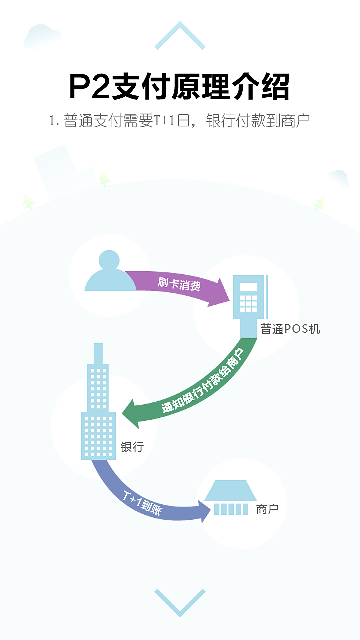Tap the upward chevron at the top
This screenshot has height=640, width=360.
(180, 36)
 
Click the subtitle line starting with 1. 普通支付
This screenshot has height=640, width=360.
(179, 121)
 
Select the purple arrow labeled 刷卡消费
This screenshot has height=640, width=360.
(180, 286)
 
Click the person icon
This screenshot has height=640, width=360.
(110, 272)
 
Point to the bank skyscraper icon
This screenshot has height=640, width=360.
(98, 405)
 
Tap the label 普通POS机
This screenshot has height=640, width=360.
(290, 329)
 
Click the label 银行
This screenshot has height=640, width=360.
(132, 447)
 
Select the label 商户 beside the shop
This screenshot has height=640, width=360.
(267, 509)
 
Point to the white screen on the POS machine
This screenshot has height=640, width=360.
(248, 287)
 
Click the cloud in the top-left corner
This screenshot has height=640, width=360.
(42, 36)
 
